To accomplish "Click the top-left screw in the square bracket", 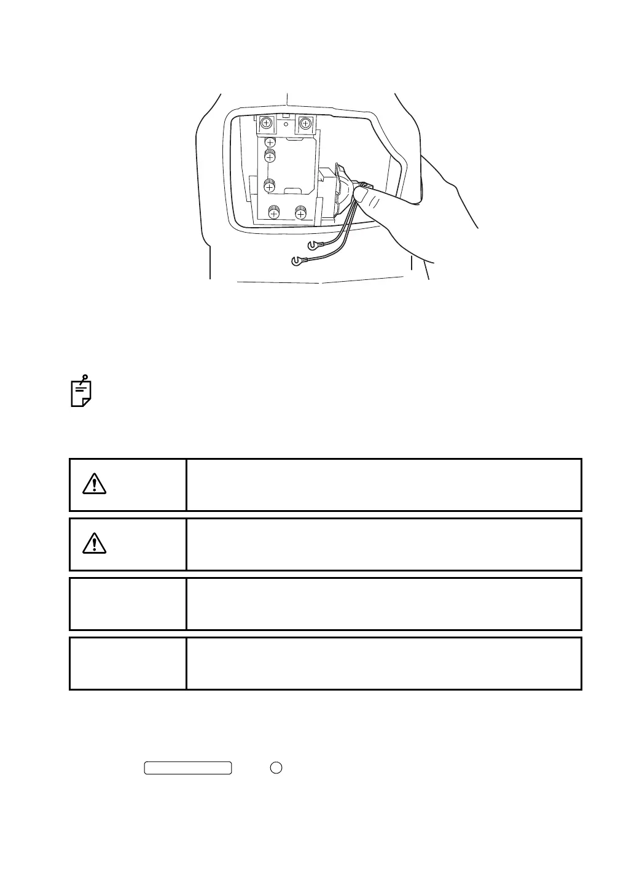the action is (266, 123).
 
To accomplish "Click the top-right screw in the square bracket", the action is (305, 123).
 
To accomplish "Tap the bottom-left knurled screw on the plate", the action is (273, 213).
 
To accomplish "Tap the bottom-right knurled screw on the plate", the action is (300, 213).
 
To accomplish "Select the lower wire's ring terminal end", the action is (297, 261).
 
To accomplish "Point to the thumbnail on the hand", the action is (362, 195).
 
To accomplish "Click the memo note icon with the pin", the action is (81, 391).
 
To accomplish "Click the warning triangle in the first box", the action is (94, 484).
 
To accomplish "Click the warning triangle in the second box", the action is (94, 544).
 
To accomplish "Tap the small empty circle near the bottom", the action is (276, 767).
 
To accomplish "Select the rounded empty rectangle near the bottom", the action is (188, 767).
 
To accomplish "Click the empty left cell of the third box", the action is (128, 603).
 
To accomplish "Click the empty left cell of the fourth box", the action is (128, 663).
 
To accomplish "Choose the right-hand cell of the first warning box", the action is (383, 484).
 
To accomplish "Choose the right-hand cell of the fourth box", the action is (383, 663).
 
